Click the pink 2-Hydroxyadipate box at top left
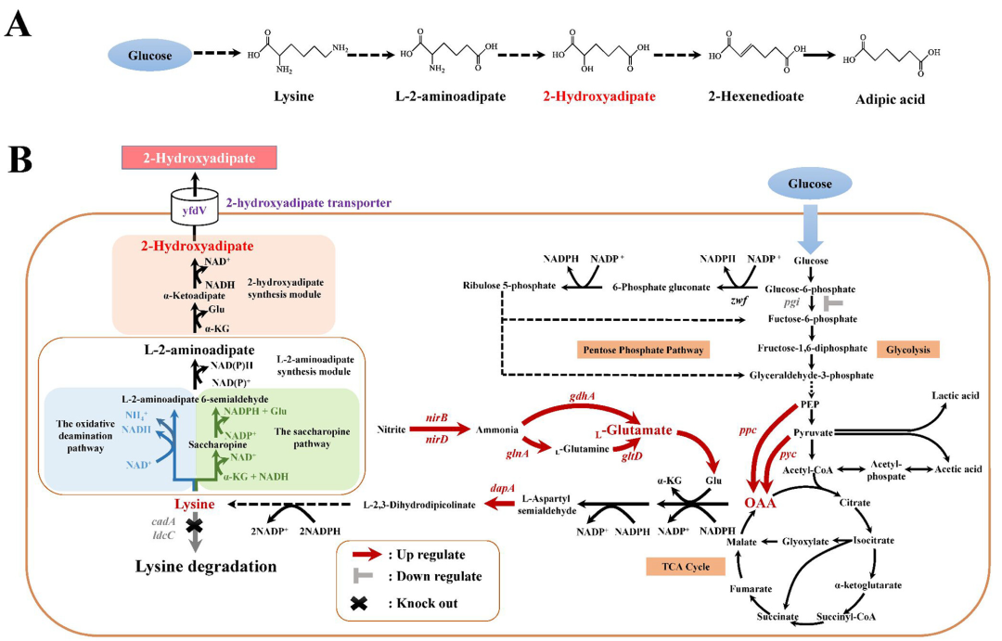pyautogui.click(x=185, y=158)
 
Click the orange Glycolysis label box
pyautogui.click(x=907, y=349)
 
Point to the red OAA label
pyautogui.click(x=760, y=502)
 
